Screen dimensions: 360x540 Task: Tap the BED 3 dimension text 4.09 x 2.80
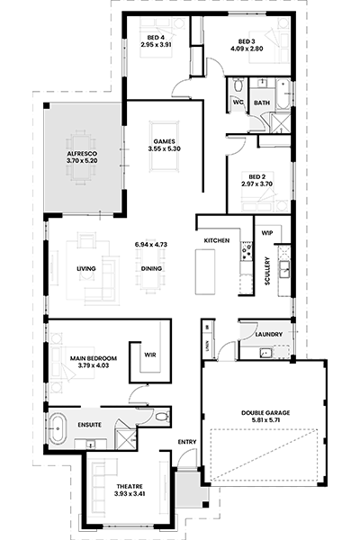tap(247, 49)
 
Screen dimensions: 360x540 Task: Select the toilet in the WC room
tap(238, 85)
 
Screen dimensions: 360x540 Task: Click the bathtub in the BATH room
tap(283, 94)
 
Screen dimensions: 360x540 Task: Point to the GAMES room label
tap(165, 141)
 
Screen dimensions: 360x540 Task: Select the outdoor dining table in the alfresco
tap(81, 156)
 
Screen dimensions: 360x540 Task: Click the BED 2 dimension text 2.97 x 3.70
tap(257, 184)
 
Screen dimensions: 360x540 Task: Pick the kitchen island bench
tap(205, 272)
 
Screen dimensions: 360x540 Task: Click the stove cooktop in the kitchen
tap(247, 251)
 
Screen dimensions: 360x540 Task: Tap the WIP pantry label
tap(267, 233)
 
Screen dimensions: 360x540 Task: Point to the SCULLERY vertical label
tap(267, 271)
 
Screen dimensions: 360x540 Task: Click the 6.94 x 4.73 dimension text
tap(151, 245)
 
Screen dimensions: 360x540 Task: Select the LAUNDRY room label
tap(269, 335)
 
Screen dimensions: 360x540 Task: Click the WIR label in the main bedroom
tap(150, 355)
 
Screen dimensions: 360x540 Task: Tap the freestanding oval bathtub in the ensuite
tap(58, 428)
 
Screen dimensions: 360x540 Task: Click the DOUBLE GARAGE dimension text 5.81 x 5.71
tap(265, 419)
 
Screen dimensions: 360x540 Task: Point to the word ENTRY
tap(187, 442)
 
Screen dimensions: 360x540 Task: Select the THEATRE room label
tap(130, 487)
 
